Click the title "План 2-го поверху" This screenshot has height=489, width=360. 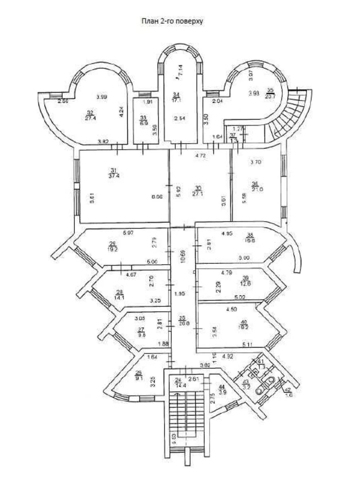(x=172, y=21)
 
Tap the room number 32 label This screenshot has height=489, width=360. (x=90, y=112)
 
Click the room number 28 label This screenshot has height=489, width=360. (x=119, y=292)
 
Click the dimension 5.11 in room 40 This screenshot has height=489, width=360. (x=247, y=345)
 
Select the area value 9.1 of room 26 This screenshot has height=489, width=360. (x=139, y=377)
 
